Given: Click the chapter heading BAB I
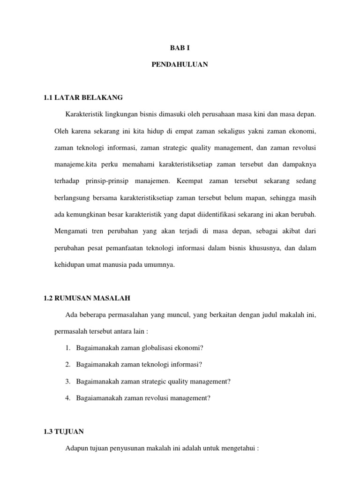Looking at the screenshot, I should tap(180, 48).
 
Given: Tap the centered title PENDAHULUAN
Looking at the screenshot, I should tap(180, 65).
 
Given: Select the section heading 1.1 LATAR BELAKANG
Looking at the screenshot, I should tap(82, 97).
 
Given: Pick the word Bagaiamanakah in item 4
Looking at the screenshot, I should tap(98, 398).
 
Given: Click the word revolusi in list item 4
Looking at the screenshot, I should tap(159, 398).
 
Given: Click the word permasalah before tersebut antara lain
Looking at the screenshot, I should tap(74, 331).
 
